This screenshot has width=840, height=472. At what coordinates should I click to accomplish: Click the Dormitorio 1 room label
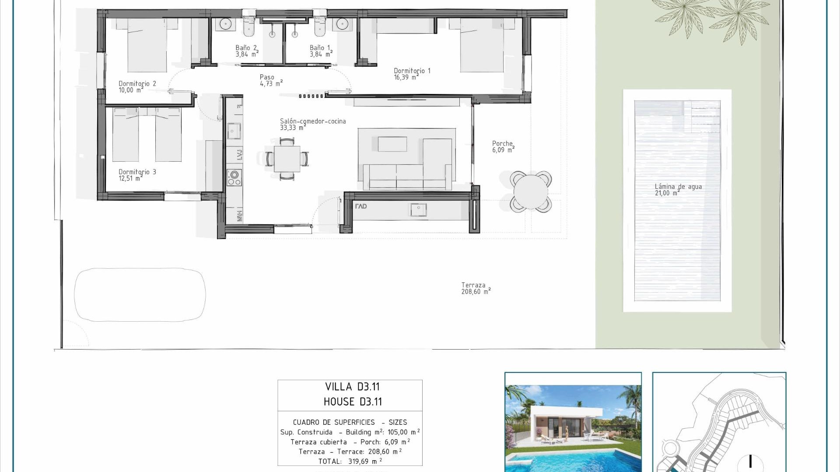tap(412, 74)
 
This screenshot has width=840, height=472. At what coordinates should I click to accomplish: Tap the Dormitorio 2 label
tap(137, 87)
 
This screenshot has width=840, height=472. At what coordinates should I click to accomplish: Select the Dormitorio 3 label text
tap(137, 175)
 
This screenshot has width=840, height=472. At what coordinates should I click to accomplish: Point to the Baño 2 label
tap(247, 51)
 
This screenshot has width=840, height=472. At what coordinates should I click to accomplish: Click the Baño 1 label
tap(321, 51)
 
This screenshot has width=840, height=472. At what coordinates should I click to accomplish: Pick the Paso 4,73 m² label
tap(271, 80)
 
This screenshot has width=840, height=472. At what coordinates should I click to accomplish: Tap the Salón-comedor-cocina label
tap(312, 124)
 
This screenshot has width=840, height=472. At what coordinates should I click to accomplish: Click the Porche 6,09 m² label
tap(503, 147)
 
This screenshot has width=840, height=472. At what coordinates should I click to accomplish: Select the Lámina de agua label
tap(678, 190)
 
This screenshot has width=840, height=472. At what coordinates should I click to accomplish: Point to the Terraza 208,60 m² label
tap(476, 288)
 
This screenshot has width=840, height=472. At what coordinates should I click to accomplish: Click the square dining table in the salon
tap(287, 159)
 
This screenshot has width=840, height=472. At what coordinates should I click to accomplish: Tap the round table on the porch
tap(530, 191)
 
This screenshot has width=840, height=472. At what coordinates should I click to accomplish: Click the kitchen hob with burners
tap(234, 177)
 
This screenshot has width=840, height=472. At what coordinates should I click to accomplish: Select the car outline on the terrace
tap(140, 295)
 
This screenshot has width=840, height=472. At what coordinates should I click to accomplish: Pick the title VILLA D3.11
tap(352, 387)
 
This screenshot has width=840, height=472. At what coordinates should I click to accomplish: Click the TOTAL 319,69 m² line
tap(350, 461)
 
